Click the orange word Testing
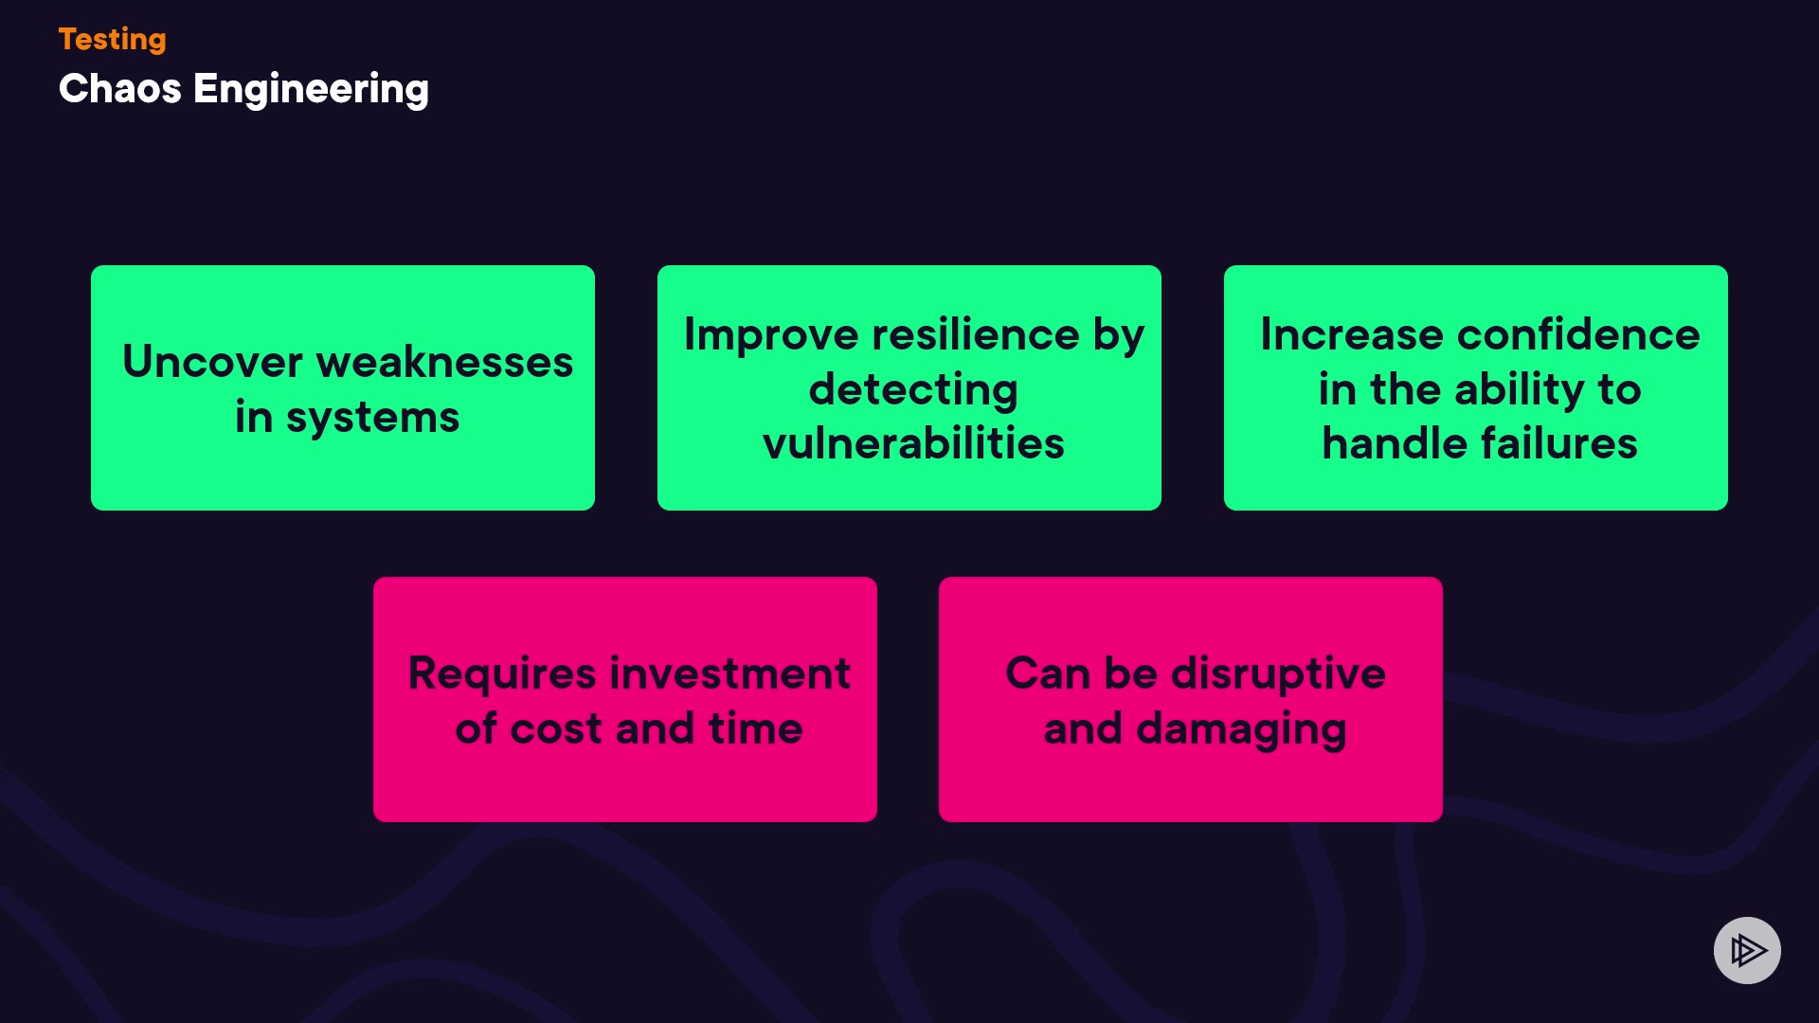click(112, 39)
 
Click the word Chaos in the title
click(119, 89)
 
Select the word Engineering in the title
click(311, 89)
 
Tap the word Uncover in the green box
click(212, 362)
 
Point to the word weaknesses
click(444, 362)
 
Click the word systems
click(372, 418)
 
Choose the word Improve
click(771, 335)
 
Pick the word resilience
click(976, 335)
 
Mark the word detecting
click(913, 389)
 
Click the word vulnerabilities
click(913, 443)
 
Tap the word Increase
click(1351, 335)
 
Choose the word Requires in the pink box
click(502, 674)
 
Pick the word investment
click(729, 674)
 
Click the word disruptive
click(1278, 674)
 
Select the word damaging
click(1241, 730)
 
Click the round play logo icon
click(1747, 950)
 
